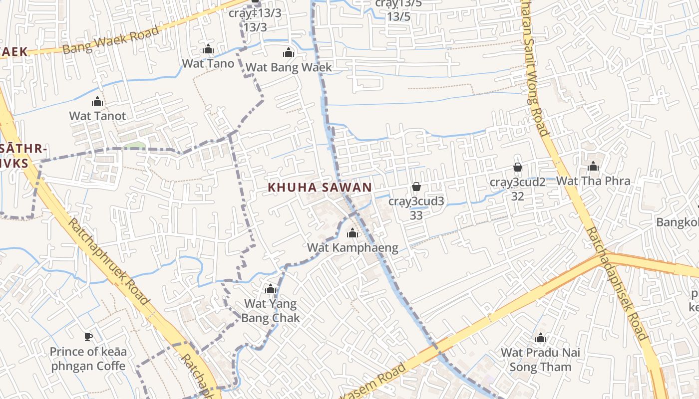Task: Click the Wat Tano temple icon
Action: [x=208, y=49]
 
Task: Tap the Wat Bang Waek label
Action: [x=289, y=67]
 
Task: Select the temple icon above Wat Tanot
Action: [x=97, y=102]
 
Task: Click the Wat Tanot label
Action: [x=97, y=116]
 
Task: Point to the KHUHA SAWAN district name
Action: [x=320, y=188]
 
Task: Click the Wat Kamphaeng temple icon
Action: [x=352, y=233]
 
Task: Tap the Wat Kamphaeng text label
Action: [x=352, y=247]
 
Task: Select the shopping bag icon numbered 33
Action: [x=416, y=187]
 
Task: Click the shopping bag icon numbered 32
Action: [x=518, y=167]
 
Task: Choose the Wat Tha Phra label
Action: [x=593, y=181]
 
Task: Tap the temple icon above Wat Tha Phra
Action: [x=593, y=166]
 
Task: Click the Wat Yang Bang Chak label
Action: [x=271, y=311]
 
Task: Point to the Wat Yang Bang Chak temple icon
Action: [x=271, y=289]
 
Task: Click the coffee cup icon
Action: [x=88, y=337]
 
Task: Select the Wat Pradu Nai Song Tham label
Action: [x=540, y=360]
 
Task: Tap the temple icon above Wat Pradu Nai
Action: [x=540, y=339]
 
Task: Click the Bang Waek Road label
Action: [x=111, y=39]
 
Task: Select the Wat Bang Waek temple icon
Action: [x=289, y=52]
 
